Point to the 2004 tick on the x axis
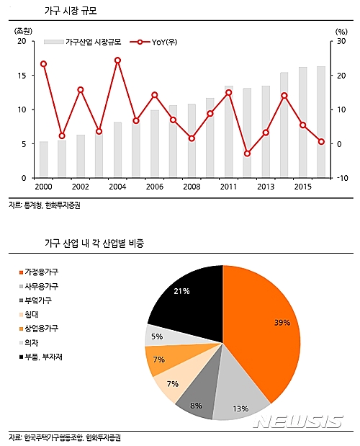[x=117, y=187]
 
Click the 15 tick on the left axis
[x=22, y=76]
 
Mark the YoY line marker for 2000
[x=44, y=64]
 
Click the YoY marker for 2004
[x=117, y=61]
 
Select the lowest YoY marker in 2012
[x=247, y=153]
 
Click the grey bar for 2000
[x=44, y=160]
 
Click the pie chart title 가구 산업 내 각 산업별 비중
[x=94, y=244]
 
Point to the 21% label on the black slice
[x=181, y=291]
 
